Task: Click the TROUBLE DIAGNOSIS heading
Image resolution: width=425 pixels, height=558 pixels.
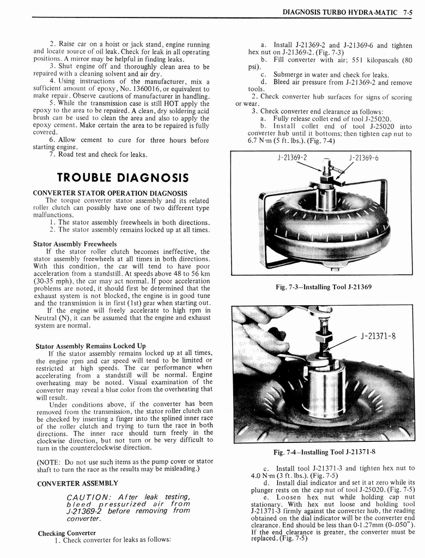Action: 123,178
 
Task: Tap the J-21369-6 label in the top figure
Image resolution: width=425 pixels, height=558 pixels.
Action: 363,158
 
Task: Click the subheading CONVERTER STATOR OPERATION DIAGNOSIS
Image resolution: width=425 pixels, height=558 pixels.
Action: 110,193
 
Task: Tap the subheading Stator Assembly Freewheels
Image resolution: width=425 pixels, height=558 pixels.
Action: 75,244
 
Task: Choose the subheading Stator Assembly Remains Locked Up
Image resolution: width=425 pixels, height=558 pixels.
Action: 90,345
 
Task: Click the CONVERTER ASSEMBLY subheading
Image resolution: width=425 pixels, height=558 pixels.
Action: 77,483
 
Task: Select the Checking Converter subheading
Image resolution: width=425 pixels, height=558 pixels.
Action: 66,532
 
